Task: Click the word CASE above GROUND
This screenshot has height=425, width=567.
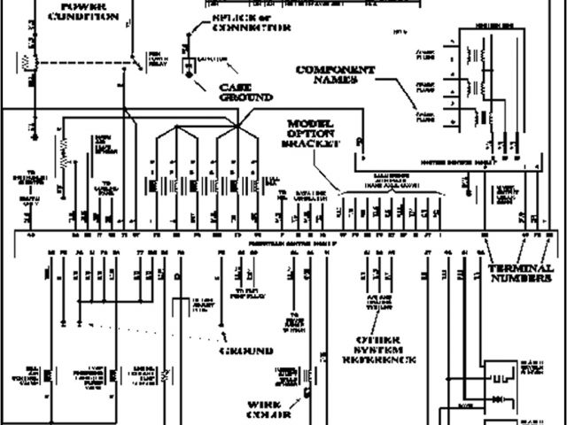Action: [240, 88]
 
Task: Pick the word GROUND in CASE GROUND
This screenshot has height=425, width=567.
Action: [240, 99]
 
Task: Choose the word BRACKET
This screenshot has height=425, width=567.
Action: [309, 143]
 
